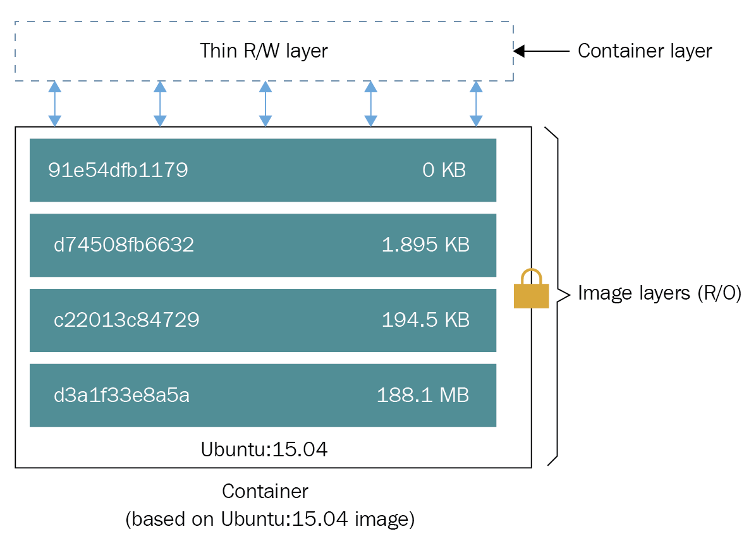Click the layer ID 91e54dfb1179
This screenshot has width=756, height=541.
[x=118, y=170]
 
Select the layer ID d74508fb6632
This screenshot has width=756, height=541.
[x=124, y=245]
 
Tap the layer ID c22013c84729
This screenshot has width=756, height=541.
[x=126, y=320]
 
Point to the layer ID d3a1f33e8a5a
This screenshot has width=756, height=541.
[x=122, y=396]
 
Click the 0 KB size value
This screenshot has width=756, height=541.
[x=444, y=170]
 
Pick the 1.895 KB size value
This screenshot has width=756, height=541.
[x=425, y=245]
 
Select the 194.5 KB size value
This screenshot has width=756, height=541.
[x=425, y=320]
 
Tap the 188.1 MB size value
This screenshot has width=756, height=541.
[x=423, y=396]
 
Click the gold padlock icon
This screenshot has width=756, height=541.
[x=531, y=290]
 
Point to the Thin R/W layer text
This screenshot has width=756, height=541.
[x=264, y=51]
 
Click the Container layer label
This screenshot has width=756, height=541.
[x=645, y=51]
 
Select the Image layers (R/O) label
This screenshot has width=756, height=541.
[x=659, y=293]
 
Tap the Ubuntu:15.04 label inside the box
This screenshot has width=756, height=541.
[x=264, y=450]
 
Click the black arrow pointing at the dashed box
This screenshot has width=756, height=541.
[x=541, y=51]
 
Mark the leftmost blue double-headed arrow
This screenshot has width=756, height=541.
[x=55, y=104]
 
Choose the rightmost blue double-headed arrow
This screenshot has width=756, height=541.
[x=476, y=104]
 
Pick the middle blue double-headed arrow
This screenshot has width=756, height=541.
[x=265, y=104]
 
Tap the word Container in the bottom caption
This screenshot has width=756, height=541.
[x=265, y=491]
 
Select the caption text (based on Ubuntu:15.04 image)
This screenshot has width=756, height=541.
[x=270, y=520]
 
